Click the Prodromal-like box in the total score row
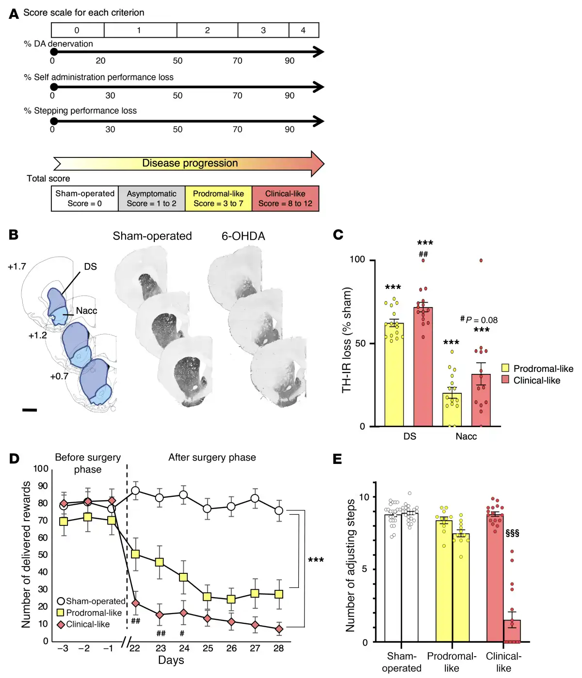(x=218, y=199)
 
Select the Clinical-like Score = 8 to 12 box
(x=285, y=199)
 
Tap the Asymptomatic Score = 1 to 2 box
(x=151, y=199)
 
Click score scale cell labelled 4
(x=304, y=30)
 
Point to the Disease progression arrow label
(x=190, y=163)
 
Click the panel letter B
(x=14, y=235)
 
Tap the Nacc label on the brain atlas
(x=86, y=311)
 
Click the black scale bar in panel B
(x=30, y=410)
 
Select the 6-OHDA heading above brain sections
(x=243, y=236)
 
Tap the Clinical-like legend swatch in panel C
(x=505, y=380)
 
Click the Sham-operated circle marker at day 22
(x=136, y=491)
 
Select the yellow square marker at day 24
(x=183, y=577)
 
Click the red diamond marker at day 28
(x=279, y=629)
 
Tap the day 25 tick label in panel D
(x=208, y=648)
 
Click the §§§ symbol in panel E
(x=512, y=533)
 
